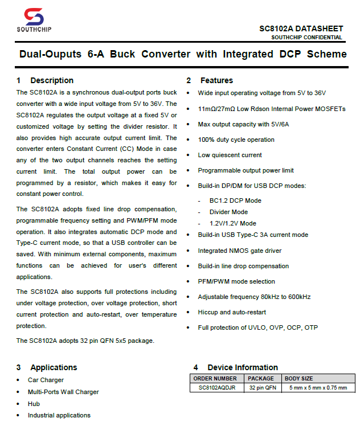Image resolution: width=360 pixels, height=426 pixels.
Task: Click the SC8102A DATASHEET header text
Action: pos(301,28)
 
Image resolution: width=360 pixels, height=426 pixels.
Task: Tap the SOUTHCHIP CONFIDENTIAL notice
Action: pos(306,38)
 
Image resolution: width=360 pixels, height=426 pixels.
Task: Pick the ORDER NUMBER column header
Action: pos(215,378)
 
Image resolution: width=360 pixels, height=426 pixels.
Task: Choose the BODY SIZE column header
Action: pos(299,378)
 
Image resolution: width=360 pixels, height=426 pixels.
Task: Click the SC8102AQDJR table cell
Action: pos(216,387)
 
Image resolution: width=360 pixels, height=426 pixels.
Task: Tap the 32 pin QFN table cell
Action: pos(262,387)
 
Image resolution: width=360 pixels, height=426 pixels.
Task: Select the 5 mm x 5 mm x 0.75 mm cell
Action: pos(317,387)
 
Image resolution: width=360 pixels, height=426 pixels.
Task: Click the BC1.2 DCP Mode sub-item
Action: pos(235,200)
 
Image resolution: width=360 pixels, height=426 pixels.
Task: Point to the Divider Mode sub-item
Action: pos(228,212)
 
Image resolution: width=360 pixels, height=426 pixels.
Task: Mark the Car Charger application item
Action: pos(46,380)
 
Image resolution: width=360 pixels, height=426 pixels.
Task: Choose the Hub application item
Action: pos(34,403)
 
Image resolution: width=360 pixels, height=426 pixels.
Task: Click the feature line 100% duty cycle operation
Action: pos(236,140)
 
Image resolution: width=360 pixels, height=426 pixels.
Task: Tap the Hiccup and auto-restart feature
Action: pos(232,312)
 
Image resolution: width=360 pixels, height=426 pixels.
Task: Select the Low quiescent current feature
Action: pos(230,155)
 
